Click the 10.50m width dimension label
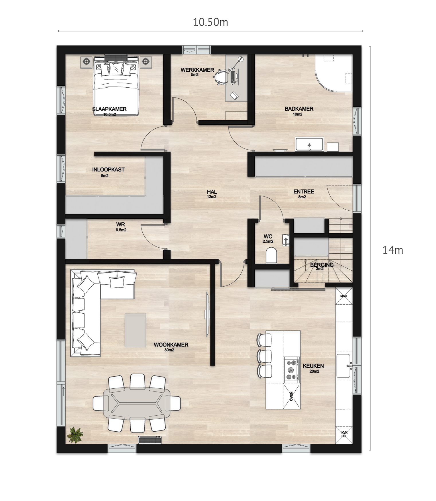[210, 22]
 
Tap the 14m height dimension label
[393, 250]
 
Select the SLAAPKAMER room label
[109, 109]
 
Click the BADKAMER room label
[299, 109]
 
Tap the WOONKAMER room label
[171, 345]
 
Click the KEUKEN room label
[313, 366]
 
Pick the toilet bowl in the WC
[272, 255]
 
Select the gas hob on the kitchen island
[292, 370]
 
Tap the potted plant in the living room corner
[75, 435]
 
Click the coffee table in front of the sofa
[135, 330]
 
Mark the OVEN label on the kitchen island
[291, 396]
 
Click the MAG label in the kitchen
[344, 296]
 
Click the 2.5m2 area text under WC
[268, 241]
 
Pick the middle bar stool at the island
[264, 356]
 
